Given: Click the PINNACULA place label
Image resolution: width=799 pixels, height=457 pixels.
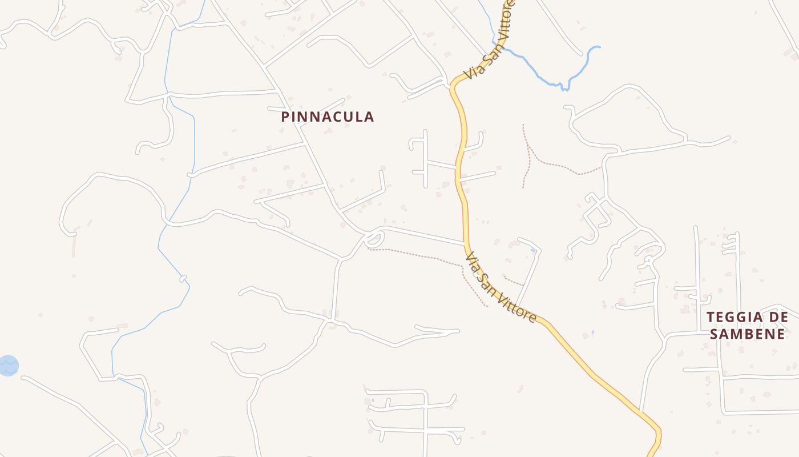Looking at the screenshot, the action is (328, 117).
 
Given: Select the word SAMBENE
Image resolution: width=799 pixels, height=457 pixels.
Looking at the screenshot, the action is (748, 334).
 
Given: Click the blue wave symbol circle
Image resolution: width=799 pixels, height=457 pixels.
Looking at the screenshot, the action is (8, 366).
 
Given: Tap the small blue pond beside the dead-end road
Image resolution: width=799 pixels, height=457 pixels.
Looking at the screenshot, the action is (533, 250).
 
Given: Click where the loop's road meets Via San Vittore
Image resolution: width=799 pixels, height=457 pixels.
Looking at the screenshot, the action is (465, 244).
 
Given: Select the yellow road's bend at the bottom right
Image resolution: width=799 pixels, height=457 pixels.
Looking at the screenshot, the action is (659, 430).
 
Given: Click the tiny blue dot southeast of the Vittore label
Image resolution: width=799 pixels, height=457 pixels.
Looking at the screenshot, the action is (592, 332).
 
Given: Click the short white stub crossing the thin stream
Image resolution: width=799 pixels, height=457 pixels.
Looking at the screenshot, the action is (183, 279).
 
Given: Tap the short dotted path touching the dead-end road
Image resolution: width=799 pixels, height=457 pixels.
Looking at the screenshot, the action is (514, 282).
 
